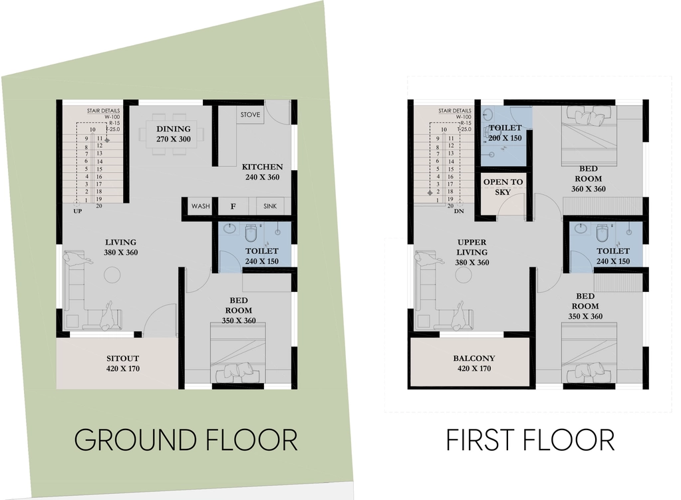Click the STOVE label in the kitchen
pyautogui.click(x=250, y=114)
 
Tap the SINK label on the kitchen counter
pyautogui.click(x=270, y=206)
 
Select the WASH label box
pyautogui.click(x=201, y=206)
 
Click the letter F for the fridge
pyautogui.click(x=233, y=207)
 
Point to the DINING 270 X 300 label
pyautogui.click(x=174, y=134)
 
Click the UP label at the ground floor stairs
pyautogui.click(x=78, y=211)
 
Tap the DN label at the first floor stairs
pyautogui.click(x=459, y=211)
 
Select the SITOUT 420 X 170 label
pyautogui.click(x=123, y=363)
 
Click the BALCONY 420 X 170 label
pyautogui.click(x=474, y=363)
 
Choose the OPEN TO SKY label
pyautogui.click(x=503, y=187)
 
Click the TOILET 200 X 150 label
pyautogui.click(x=505, y=133)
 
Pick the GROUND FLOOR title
pyautogui.click(x=186, y=440)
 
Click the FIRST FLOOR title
pyautogui.click(x=530, y=440)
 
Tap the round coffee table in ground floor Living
pyautogui.click(x=112, y=275)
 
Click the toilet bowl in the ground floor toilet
pyautogui.click(x=251, y=233)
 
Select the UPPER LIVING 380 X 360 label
pyautogui.click(x=472, y=252)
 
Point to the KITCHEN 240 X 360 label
pyautogui.click(x=262, y=172)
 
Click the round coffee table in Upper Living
pyautogui.click(x=464, y=275)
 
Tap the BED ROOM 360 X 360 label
pyautogui.click(x=589, y=178)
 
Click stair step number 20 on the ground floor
pyautogui.click(x=99, y=205)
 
